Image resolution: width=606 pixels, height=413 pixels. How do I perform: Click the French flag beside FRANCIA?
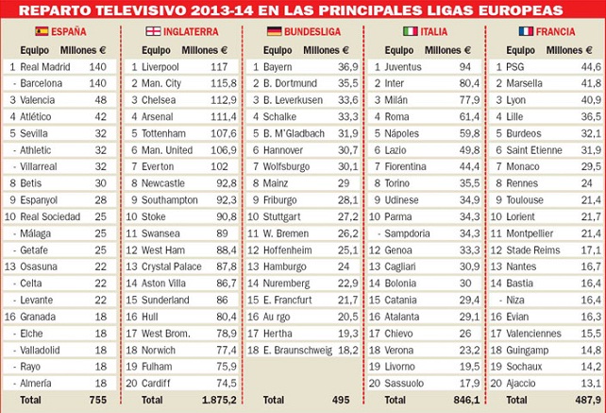pos(526,31)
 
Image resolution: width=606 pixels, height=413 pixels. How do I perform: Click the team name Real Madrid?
pos(44,67)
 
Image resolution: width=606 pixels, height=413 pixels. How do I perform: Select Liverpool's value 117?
pos(220,67)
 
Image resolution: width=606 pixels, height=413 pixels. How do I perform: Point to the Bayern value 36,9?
pos(347,67)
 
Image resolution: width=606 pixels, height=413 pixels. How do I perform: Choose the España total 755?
pos(97,400)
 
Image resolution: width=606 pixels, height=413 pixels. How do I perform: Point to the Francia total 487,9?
pos(589,400)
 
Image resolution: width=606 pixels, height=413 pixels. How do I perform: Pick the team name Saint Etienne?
pos(534,150)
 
